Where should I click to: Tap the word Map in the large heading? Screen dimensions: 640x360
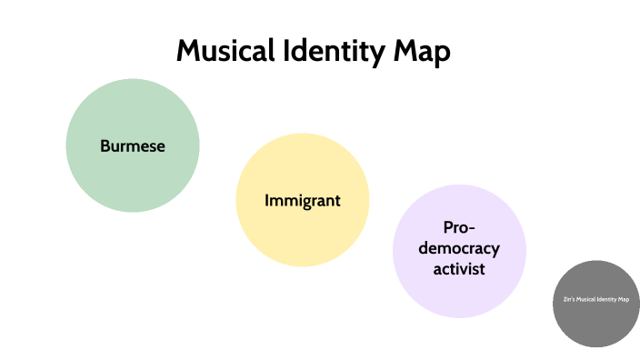pyautogui.click(x=420, y=53)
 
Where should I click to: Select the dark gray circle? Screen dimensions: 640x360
pyautogui.click(x=596, y=324)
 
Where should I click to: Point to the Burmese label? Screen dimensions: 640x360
pyautogui.click(x=133, y=145)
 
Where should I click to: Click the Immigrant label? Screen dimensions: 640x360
pyautogui.click(x=303, y=200)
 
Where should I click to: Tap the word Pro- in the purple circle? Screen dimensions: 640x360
pyautogui.click(x=459, y=227)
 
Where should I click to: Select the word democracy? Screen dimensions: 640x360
pyautogui.click(x=459, y=248)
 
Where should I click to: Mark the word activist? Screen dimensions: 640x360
pyautogui.click(x=459, y=269)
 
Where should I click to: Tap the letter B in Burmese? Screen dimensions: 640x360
pyautogui.click(x=105, y=145)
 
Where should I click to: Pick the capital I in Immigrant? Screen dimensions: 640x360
pyautogui.click(x=266, y=200)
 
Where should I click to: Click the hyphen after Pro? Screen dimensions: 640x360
pyautogui.click(x=473, y=229)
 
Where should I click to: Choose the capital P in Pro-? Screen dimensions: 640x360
pyautogui.click(x=447, y=227)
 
